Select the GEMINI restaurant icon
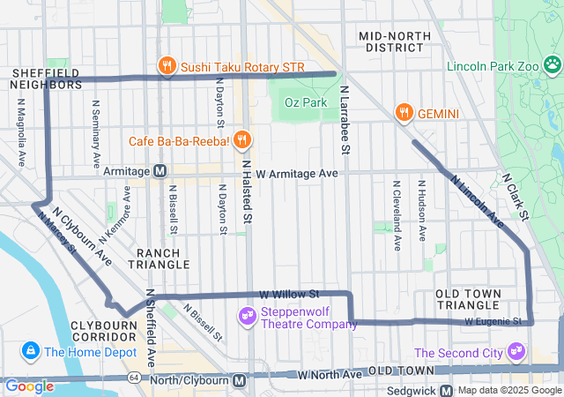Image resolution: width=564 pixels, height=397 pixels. pos(404,113)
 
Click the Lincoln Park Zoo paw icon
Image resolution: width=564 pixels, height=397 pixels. pos(552,64)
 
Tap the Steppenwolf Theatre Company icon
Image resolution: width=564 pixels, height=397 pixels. pos(248,314)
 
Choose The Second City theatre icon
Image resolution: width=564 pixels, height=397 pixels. pos(516,353)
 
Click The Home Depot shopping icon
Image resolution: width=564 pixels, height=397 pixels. pos(32,352)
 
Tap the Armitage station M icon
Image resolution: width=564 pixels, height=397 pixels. pos(160,171)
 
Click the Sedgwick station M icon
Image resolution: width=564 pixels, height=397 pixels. pos(447,390)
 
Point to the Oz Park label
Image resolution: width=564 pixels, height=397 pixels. pos(305,103)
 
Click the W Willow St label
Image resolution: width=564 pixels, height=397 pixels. pos(289,294)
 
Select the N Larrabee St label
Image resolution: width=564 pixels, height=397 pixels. pos(345,120)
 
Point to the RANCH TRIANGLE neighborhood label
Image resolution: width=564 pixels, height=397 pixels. pos(163,258)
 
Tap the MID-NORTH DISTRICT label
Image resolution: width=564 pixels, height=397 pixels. pos(394,41)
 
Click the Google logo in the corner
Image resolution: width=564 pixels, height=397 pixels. pos(29,386)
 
